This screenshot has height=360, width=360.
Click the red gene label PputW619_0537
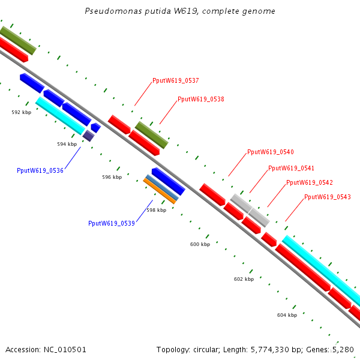coord(176,80)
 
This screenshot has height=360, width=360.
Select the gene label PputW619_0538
coord(201,100)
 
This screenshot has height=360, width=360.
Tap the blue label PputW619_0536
coord(40,171)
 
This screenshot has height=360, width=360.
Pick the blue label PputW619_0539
coord(112,223)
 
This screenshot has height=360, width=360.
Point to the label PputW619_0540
coord(271,152)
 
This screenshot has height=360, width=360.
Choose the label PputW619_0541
coord(291,168)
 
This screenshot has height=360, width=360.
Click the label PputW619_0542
coord(309,182)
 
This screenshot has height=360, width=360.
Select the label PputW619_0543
coord(327,197)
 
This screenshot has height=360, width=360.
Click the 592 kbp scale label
coord(22,112)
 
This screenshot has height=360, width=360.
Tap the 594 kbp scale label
coord(67,144)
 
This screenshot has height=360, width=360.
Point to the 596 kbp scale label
coord(112,177)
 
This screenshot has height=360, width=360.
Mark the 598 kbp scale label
coord(156,210)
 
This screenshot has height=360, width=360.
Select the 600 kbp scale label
coord(200,244)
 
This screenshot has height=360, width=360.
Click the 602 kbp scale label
coord(244,279)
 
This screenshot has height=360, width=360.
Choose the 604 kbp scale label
coord(287,314)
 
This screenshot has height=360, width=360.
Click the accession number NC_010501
coord(65,349)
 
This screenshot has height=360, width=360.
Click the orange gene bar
coord(160,191)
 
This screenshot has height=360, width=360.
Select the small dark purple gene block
coord(89,136)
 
